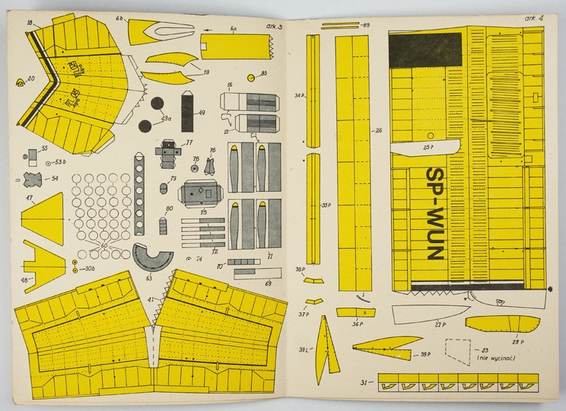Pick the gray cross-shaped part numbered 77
coord(170,152)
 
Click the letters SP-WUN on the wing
coord(434,213)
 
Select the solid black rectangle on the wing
coord(425,49)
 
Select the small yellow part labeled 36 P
coord(355,312)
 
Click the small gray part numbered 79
coord(163,187)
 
